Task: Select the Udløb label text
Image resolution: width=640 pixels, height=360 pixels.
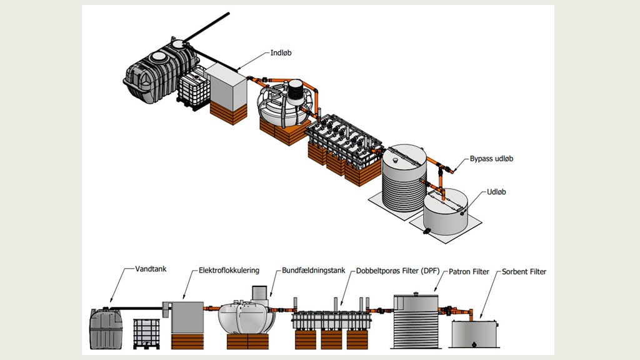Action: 496,192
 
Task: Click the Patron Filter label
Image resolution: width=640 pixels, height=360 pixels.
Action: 469,271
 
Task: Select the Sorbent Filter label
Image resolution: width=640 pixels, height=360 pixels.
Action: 524,272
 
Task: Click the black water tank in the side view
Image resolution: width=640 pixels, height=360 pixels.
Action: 109,328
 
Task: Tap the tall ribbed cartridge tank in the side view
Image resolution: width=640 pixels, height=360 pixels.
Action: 415,321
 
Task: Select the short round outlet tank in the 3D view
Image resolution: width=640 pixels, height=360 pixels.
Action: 444,212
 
